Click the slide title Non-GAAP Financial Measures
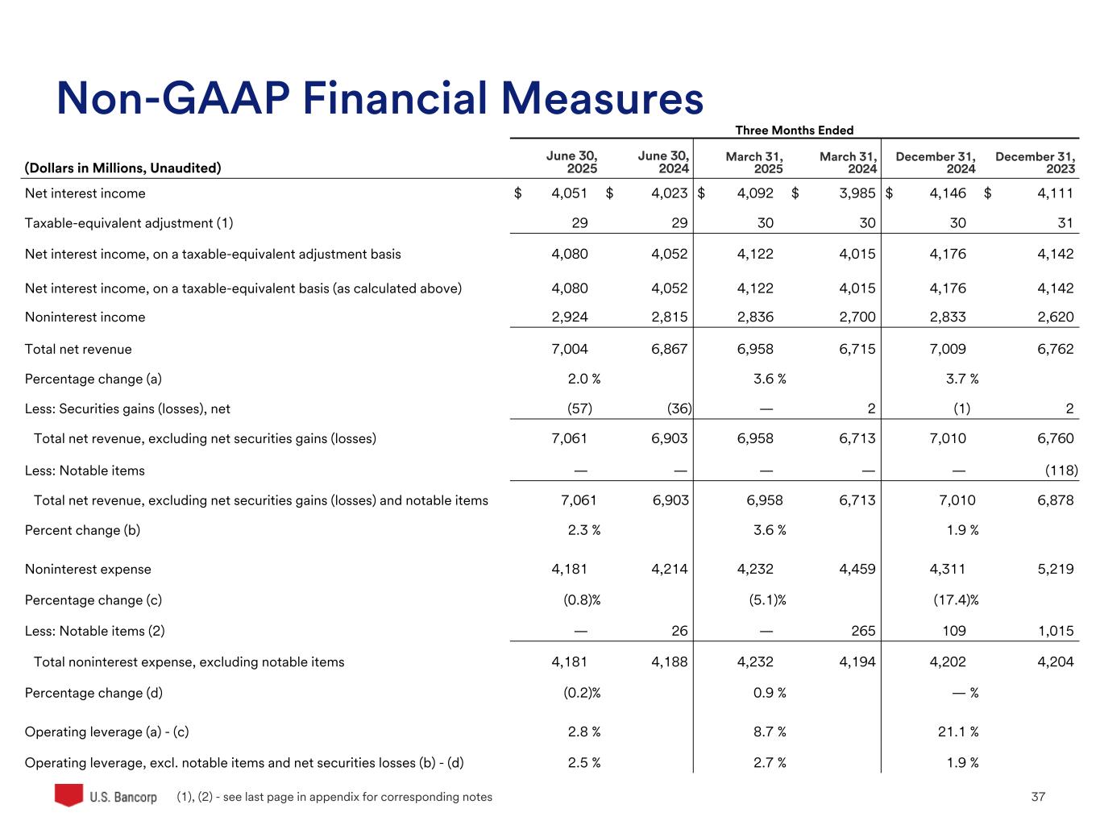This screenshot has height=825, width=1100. tap(380, 99)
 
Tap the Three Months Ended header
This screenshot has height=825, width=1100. tap(794, 131)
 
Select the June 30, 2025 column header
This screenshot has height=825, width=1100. tap(571, 162)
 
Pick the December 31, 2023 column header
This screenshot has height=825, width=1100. tap(1035, 162)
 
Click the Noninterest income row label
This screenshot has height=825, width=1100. tap(85, 317)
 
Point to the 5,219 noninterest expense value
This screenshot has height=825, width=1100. tap(1056, 570)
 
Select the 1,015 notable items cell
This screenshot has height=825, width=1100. tap(1056, 632)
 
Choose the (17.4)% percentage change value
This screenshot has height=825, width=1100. tap(957, 600)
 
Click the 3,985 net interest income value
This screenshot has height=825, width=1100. tap(857, 193)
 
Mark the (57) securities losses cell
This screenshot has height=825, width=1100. tap(579, 409)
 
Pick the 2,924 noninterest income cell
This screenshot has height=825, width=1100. tap(570, 317)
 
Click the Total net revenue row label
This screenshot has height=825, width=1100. tap(78, 350)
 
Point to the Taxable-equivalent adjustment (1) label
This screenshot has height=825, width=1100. tap(129, 223)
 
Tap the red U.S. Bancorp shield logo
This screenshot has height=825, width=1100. tap(68, 794)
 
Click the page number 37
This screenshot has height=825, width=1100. tap(1038, 797)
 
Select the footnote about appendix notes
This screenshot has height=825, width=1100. tap(334, 797)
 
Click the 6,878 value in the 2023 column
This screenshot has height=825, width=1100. tap(1056, 500)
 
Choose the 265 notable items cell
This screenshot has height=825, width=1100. tap(863, 632)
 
